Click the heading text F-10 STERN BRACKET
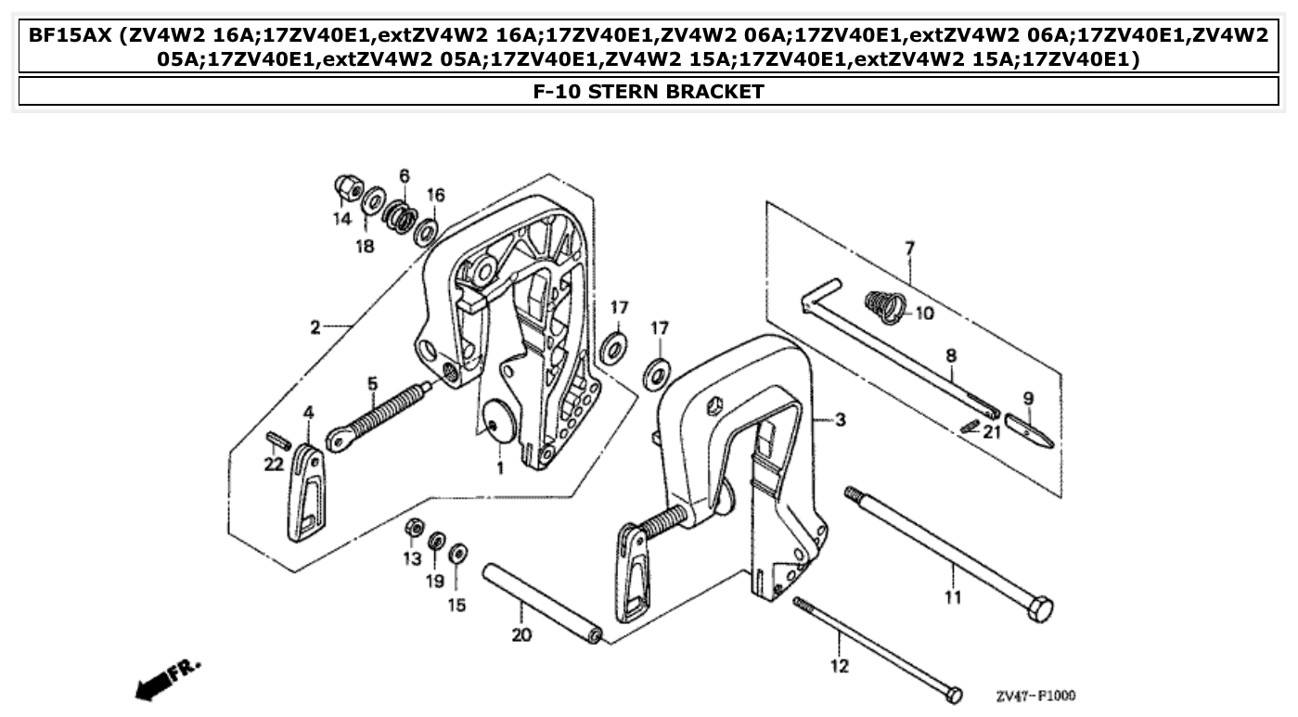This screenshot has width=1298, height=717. pyautogui.click(x=649, y=91)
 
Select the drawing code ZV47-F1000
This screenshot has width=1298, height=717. pyautogui.click(x=1035, y=696)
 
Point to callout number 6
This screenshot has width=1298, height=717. pyautogui.click(x=404, y=175)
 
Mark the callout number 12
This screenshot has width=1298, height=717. pyautogui.click(x=839, y=666)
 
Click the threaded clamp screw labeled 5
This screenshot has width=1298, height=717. pyautogui.click(x=380, y=418)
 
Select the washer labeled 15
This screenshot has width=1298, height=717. pyautogui.click(x=457, y=555)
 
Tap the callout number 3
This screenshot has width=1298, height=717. pyautogui.click(x=840, y=420)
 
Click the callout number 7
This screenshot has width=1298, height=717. pyautogui.click(x=909, y=248)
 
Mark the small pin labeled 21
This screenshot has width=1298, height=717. pyautogui.click(x=970, y=425)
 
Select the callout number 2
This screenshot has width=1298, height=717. pyautogui.click(x=315, y=326)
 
